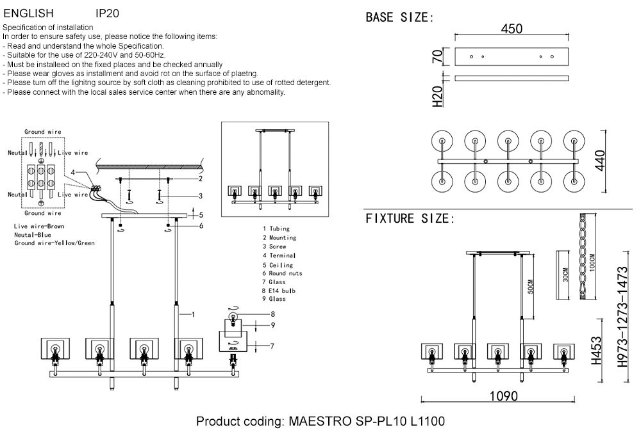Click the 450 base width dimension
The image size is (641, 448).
(512, 29)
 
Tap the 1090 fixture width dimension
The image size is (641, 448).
(503, 396)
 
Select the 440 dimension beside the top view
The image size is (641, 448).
(600, 160)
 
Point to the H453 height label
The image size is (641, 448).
(596, 351)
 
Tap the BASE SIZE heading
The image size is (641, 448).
(399, 17)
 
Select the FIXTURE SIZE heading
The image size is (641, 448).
(410, 219)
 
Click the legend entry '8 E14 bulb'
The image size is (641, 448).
(279, 291)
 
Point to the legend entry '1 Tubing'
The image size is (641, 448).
(276, 228)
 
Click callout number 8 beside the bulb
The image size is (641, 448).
(272, 314)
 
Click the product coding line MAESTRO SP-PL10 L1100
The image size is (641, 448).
(320, 422)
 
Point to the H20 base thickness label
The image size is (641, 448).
(438, 95)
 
